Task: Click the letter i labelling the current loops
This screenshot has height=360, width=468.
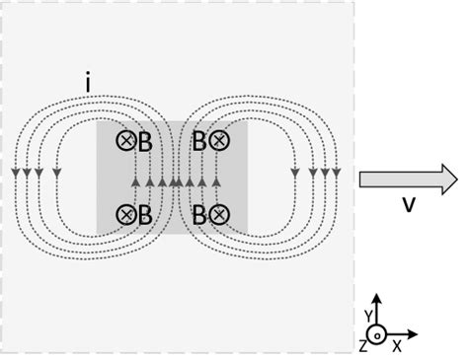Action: pos(89,86)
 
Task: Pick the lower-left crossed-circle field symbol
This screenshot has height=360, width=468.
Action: pos(126,213)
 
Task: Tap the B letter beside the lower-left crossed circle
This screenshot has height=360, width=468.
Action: pos(144,214)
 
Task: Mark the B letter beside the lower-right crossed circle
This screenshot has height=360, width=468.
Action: pos(199,214)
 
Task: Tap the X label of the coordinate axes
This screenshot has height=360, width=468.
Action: pos(397,346)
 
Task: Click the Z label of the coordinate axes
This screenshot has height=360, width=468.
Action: pos(362,346)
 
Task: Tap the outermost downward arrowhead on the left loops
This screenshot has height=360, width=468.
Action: pos(16,174)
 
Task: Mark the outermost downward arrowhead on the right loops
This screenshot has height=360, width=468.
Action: pos(337,174)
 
